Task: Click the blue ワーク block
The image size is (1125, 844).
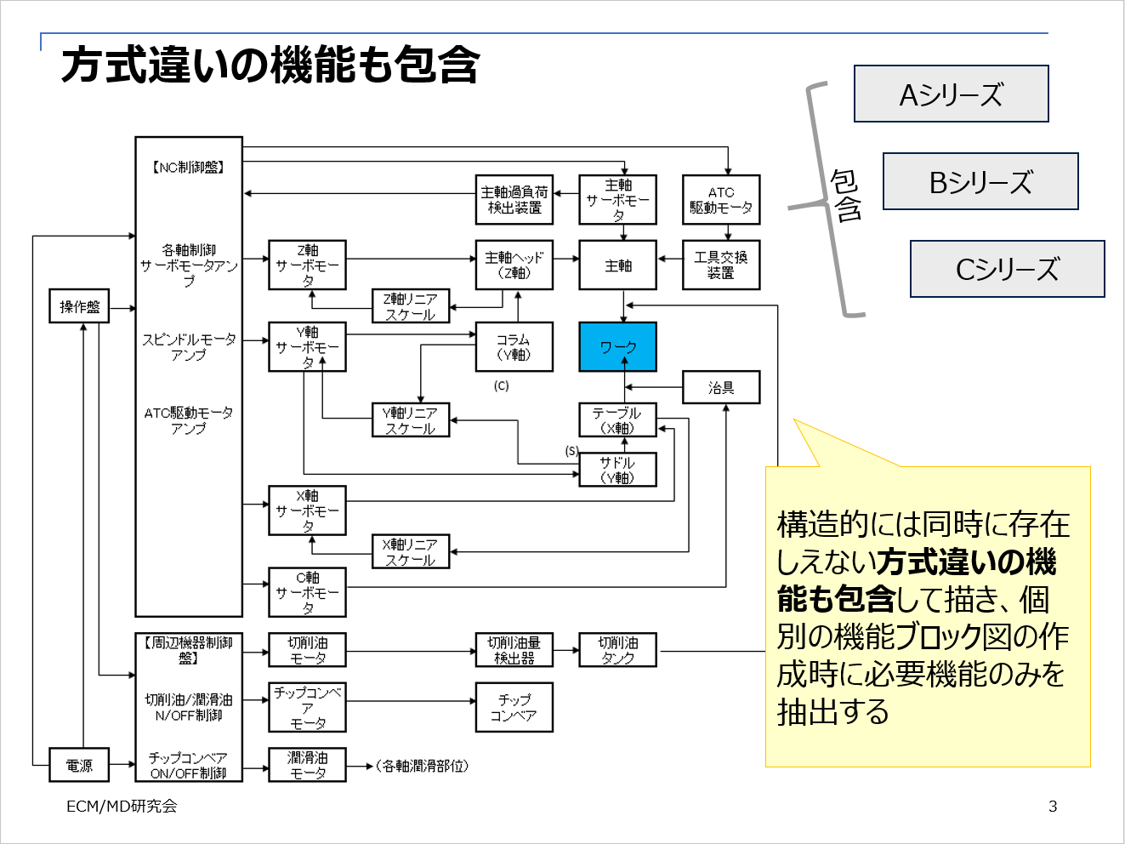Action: click(x=617, y=347)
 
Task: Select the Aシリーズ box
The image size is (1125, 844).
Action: click(x=951, y=94)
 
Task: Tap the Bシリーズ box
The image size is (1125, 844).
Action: click(x=980, y=181)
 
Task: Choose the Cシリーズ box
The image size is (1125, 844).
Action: click(x=1007, y=269)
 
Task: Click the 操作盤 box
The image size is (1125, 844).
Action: click(x=79, y=306)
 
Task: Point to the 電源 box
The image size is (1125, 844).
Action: click(x=79, y=765)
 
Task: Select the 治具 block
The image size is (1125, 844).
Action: click(x=721, y=388)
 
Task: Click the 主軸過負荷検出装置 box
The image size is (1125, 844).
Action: click(x=514, y=200)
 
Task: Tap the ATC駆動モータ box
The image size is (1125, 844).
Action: click(x=721, y=200)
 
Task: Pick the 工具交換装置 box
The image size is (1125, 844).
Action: click(x=721, y=265)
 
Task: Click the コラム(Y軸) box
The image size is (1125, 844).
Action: click(x=514, y=347)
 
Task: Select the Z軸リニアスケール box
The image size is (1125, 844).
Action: click(x=411, y=306)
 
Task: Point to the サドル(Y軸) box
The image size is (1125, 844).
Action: click(x=617, y=470)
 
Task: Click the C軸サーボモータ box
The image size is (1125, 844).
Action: click(x=307, y=592)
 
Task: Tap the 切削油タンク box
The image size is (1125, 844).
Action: click(x=617, y=650)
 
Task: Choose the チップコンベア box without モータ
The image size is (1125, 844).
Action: click(x=514, y=707)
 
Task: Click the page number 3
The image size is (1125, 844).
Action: click(x=1053, y=807)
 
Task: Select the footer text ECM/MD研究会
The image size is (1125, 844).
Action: click(x=122, y=807)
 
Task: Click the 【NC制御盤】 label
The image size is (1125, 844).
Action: click(x=189, y=168)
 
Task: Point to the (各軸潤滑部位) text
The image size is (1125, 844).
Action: click(x=422, y=766)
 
